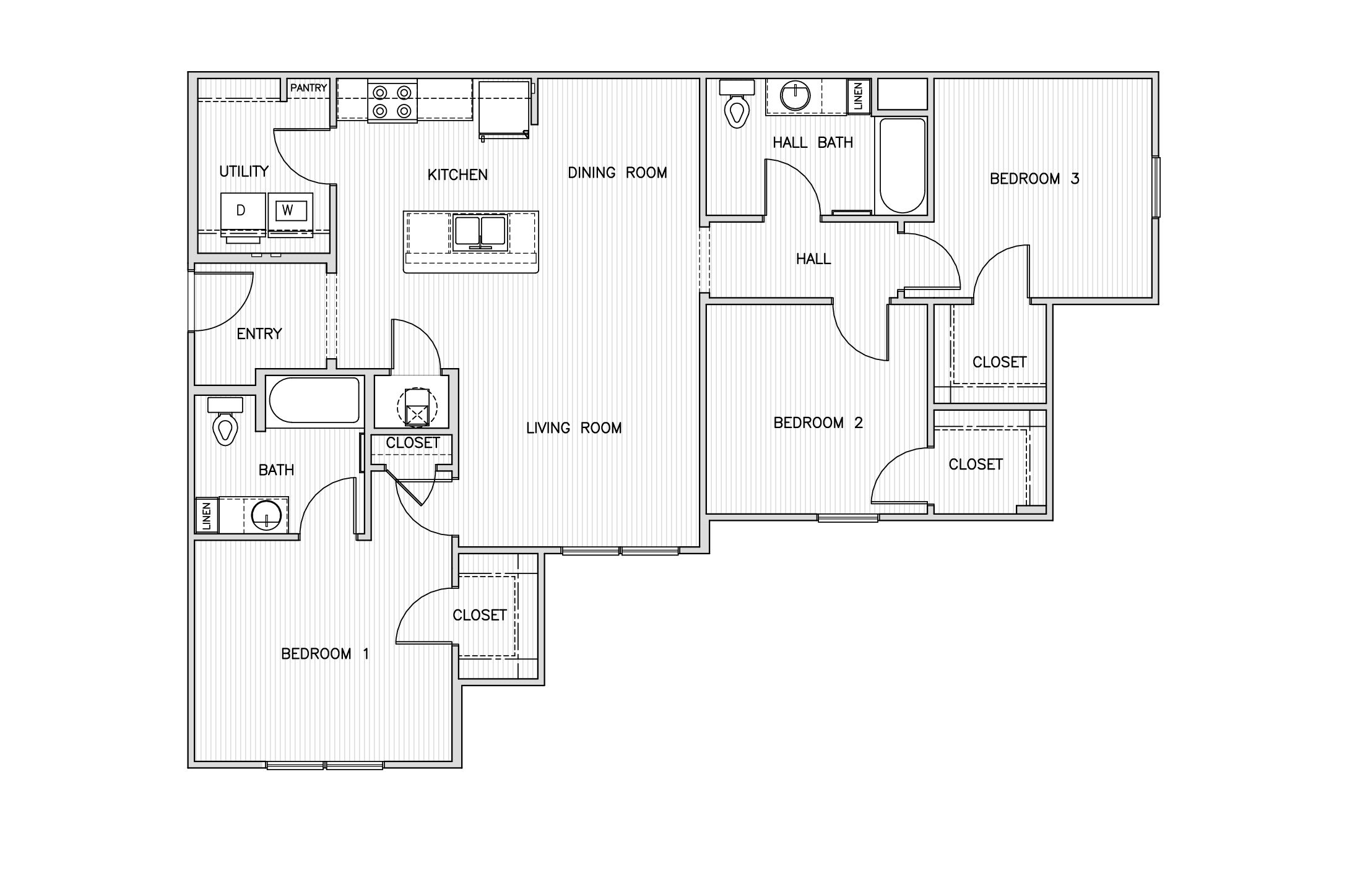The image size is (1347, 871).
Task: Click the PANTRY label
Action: pos(308,88)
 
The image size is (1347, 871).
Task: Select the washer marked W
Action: pos(290,213)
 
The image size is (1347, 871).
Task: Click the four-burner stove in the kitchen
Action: pos(392,101)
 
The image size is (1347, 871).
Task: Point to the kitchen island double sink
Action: pos(480,233)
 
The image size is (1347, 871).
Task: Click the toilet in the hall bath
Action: pos(737,103)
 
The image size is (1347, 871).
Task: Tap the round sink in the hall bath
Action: pos(794,95)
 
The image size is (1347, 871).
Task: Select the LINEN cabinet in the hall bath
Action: pos(859,96)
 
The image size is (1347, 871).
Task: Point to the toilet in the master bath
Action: pos(225,421)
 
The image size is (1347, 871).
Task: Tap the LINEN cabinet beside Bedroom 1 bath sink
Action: pos(207,515)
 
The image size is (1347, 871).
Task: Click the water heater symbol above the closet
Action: pos(417,407)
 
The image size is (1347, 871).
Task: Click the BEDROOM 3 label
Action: pos(1034,179)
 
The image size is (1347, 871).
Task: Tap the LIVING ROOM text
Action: pos(574,428)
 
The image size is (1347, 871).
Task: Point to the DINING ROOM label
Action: pos(618,173)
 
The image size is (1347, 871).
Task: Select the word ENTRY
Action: pos(259,334)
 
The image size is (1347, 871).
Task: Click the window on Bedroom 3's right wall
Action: pos(1156,187)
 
